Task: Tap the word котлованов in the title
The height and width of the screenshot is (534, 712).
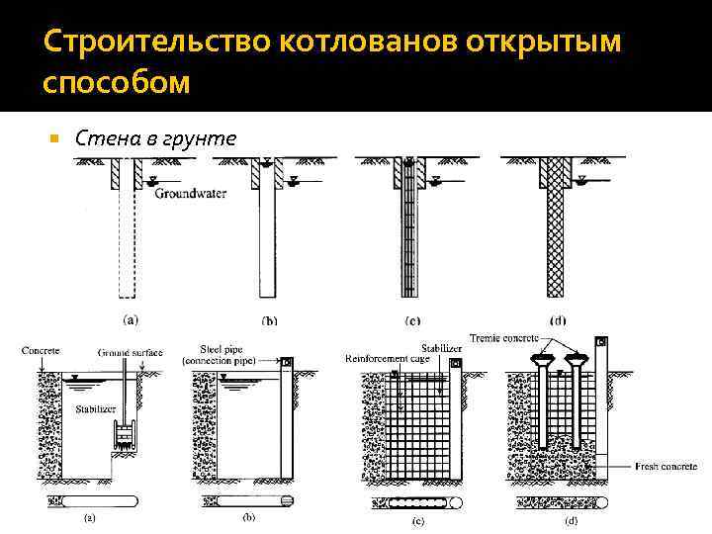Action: (330, 44)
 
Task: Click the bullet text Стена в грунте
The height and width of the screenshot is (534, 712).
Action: (156, 137)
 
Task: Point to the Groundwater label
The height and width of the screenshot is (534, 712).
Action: (190, 194)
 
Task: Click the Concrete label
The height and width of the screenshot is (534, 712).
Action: (41, 350)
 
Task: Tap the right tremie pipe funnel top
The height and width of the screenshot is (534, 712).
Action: (576, 358)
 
